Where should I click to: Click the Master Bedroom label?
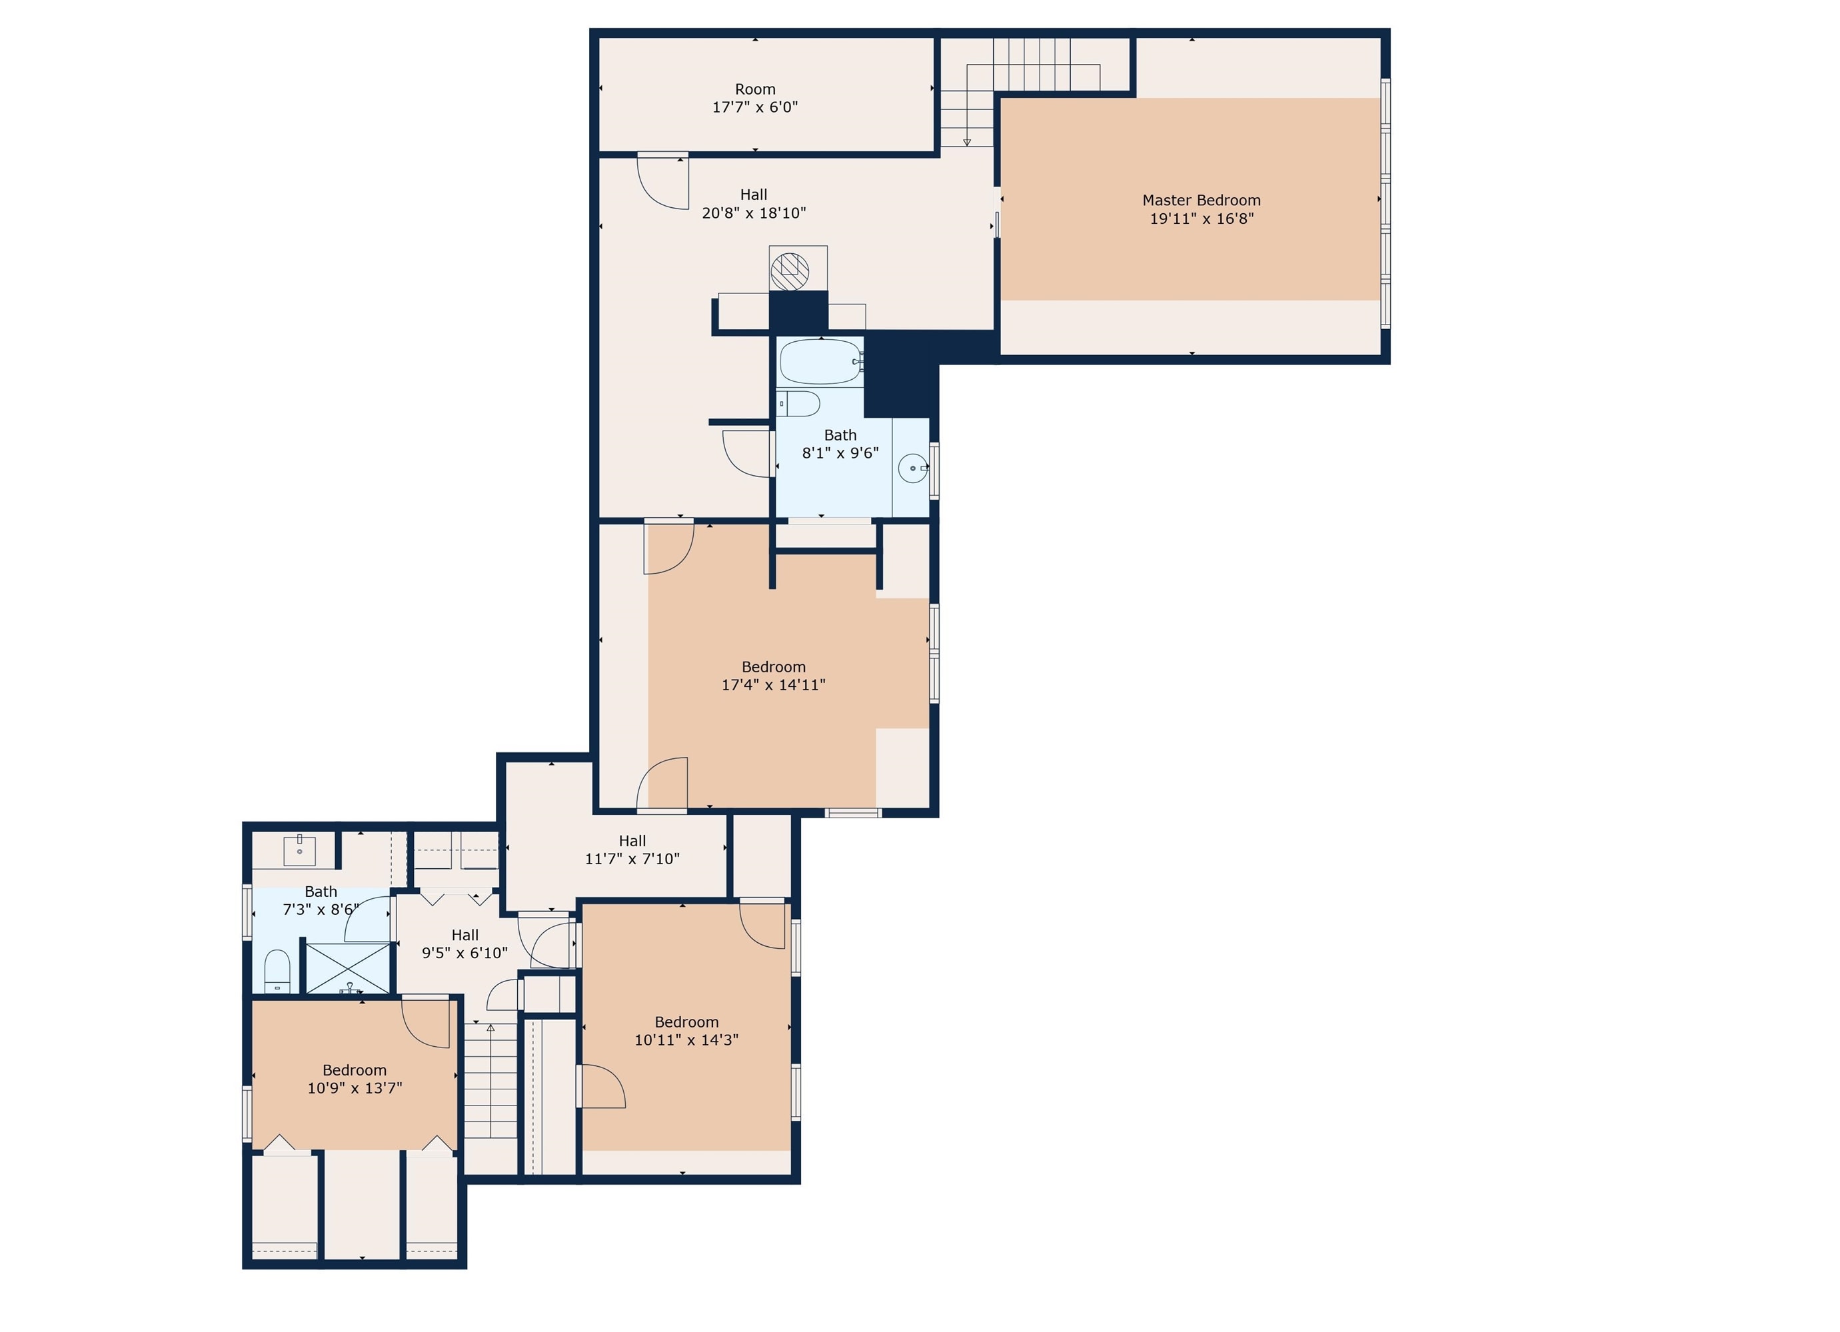[x=1201, y=201]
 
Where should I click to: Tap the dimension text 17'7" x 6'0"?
[x=754, y=107]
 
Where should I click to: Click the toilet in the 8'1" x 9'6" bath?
[x=799, y=403]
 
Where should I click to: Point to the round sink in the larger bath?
[x=913, y=468]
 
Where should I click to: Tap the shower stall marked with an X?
[x=347, y=967]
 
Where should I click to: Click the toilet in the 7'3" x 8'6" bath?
[x=277, y=972]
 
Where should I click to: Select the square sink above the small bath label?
[x=299, y=851]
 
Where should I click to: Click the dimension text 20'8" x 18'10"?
[x=754, y=213]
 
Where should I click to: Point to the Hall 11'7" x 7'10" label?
[x=632, y=850]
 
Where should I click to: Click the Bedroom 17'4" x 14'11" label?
[x=773, y=676]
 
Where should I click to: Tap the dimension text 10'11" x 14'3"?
[x=686, y=1040]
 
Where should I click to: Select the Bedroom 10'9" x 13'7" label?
[x=355, y=1079]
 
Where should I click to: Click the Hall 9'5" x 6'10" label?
[x=465, y=944]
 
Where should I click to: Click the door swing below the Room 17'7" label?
[x=661, y=183]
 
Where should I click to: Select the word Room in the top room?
[x=754, y=89]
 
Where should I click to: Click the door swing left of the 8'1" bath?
[x=746, y=452]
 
